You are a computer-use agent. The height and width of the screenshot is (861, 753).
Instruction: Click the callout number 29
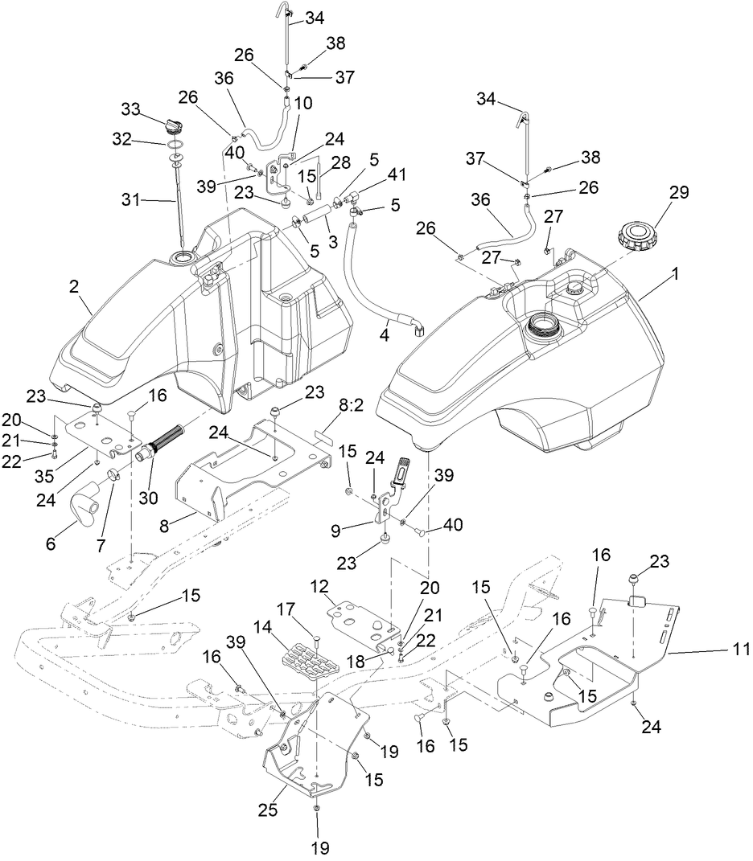tap(680, 194)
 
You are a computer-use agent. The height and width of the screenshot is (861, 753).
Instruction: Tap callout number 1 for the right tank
tap(676, 274)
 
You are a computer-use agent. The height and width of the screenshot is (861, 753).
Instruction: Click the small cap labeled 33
tap(174, 127)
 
